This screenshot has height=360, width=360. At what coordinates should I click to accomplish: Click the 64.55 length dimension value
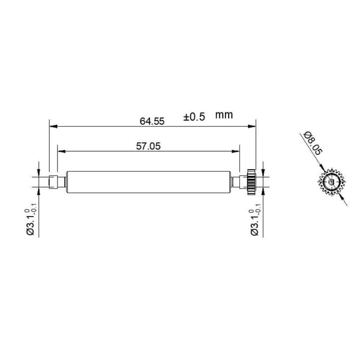(152, 121)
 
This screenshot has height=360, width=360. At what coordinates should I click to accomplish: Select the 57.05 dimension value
(148, 146)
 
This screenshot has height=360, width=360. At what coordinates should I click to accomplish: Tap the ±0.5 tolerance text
(194, 117)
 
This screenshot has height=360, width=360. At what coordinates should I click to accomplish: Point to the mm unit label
(224, 115)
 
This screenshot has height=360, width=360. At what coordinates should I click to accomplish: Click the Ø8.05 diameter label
(313, 143)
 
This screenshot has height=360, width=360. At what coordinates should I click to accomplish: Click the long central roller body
(148, 182)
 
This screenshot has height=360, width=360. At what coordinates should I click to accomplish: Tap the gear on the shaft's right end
(251, 182)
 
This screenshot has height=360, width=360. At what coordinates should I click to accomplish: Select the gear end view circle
(332, 182)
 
